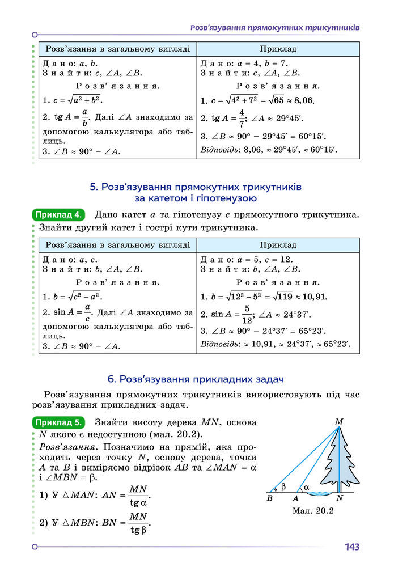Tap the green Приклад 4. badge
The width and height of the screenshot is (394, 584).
point(59,215)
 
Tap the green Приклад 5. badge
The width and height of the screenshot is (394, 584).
point(59,422)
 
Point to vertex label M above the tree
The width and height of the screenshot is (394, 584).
point(339,421)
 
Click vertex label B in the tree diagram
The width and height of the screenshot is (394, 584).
point(269,499)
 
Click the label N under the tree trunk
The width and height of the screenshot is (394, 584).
point(339,499)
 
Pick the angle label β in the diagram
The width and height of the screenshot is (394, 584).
point(283,486)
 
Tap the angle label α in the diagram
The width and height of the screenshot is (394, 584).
point(306,487)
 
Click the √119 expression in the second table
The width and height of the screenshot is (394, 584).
point(284,296)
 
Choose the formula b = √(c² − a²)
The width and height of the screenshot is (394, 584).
point(72,296)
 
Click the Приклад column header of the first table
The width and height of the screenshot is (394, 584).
point(278,49)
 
